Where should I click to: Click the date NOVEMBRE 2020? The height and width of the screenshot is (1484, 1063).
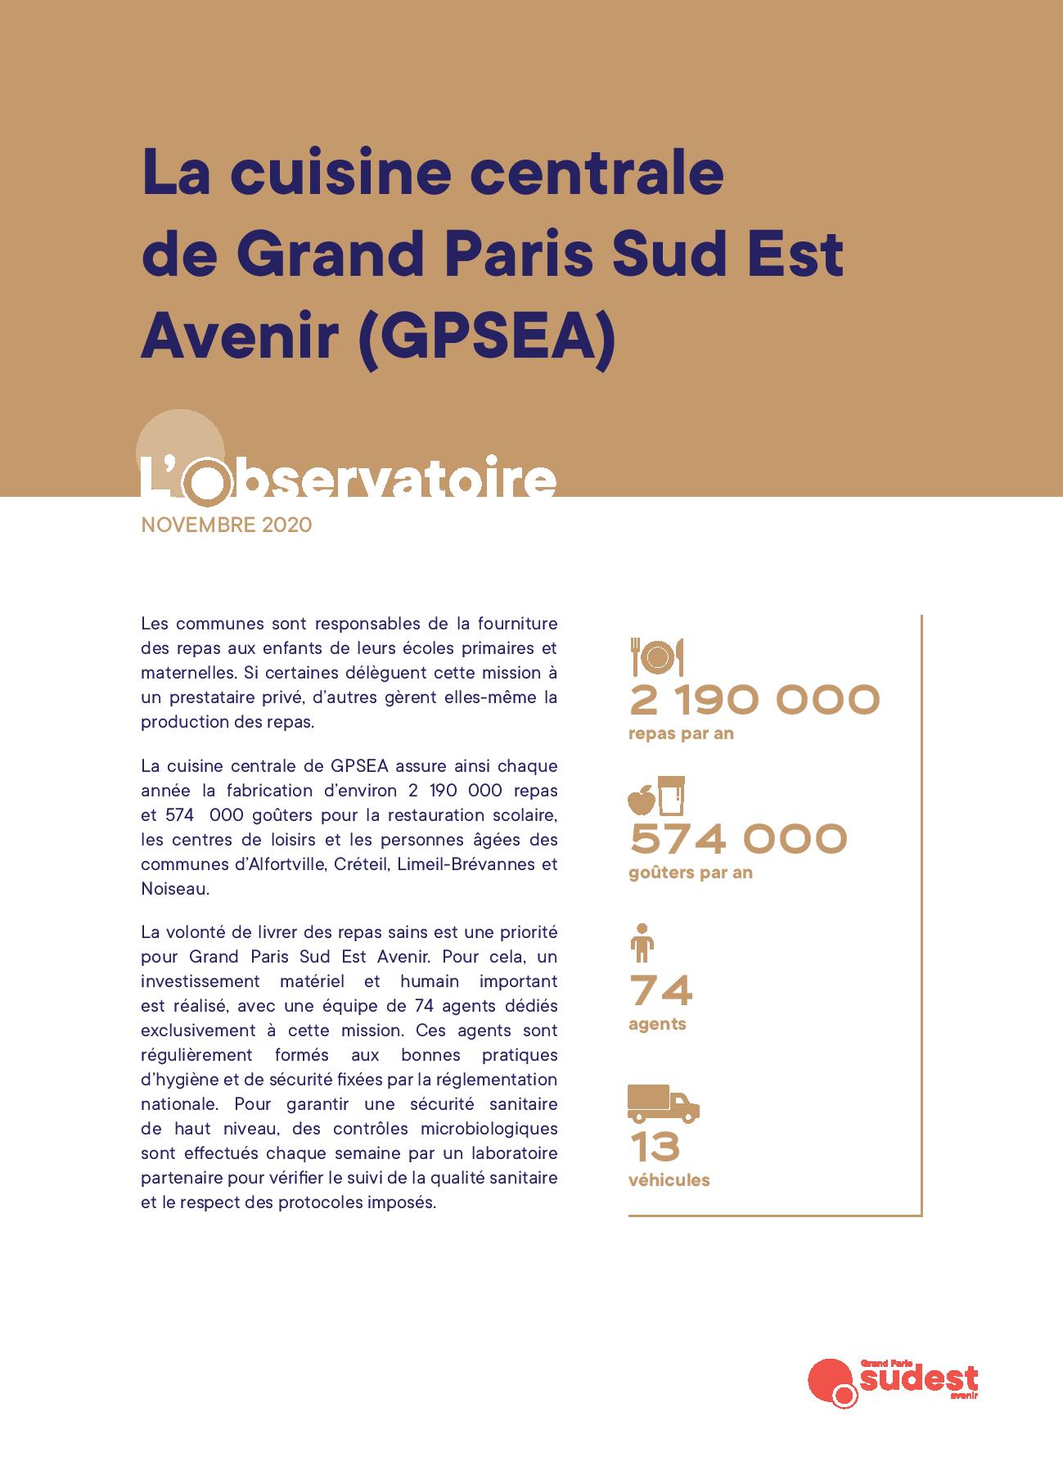[227, 525]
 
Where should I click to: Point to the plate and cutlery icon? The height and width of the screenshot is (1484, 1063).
[656, 656]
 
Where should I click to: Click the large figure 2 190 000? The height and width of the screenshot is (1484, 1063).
[754, 701]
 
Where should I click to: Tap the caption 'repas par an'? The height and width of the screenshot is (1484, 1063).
[681, 733]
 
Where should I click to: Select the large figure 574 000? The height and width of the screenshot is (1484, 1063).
[738, 839]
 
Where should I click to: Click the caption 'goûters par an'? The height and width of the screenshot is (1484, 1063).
[691, 873]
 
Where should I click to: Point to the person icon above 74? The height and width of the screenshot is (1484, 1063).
[642, 943]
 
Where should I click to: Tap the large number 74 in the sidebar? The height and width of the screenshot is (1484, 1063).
[660, 991]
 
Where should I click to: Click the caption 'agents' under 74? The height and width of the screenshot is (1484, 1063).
[657, 1024]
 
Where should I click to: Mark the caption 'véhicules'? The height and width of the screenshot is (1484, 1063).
[669, 1180]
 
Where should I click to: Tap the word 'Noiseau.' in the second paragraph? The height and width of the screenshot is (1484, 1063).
[175, 889]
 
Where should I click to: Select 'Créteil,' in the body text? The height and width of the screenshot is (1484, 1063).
[362, 864]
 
